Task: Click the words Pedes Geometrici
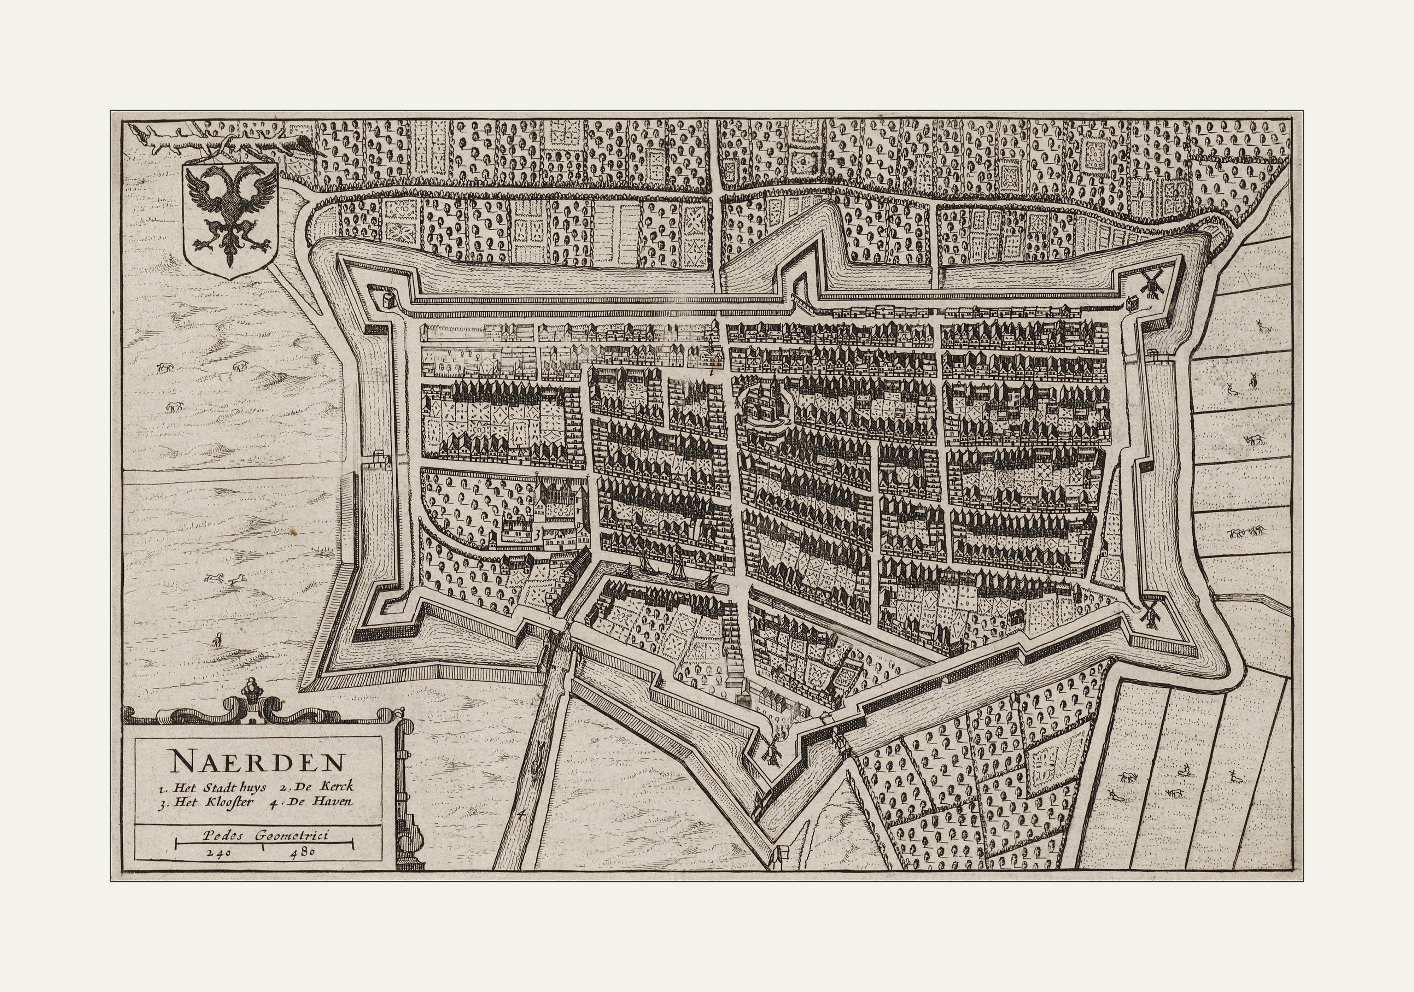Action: click(x=266, y=835)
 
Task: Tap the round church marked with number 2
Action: click(x=766, y=403)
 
